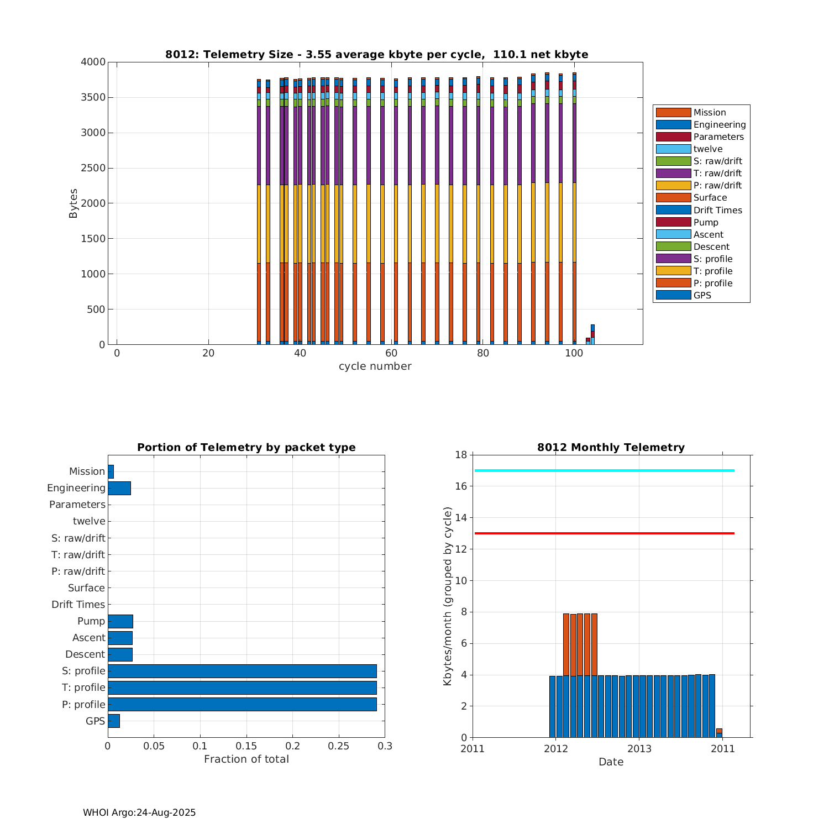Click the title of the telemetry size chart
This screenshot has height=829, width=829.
coord(376,54)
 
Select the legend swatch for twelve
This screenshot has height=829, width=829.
coord(673,149)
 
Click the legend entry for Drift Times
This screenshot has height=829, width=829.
coord(717,210)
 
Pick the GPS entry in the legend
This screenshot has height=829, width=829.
coord(702,295)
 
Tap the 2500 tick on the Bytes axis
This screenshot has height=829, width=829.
coord(93,168)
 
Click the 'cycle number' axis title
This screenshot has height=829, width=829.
coord(375,366)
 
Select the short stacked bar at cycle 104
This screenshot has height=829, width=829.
coord(592,335)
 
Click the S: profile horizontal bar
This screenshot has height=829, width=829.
coord(242,671)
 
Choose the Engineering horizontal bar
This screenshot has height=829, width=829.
coord(119,488)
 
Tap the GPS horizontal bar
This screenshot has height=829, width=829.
coord(114,721)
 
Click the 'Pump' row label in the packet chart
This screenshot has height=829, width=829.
coord(91,621)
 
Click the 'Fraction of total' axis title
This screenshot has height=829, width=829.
coord(246,759)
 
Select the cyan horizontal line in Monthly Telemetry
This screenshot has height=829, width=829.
coord(604,470)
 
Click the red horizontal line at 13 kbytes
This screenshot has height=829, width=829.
coord(604,533)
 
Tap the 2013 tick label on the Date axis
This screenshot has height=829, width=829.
coord(639,749)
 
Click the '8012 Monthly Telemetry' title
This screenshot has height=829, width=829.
coord(611,447)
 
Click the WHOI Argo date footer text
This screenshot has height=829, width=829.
coord(139,812)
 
